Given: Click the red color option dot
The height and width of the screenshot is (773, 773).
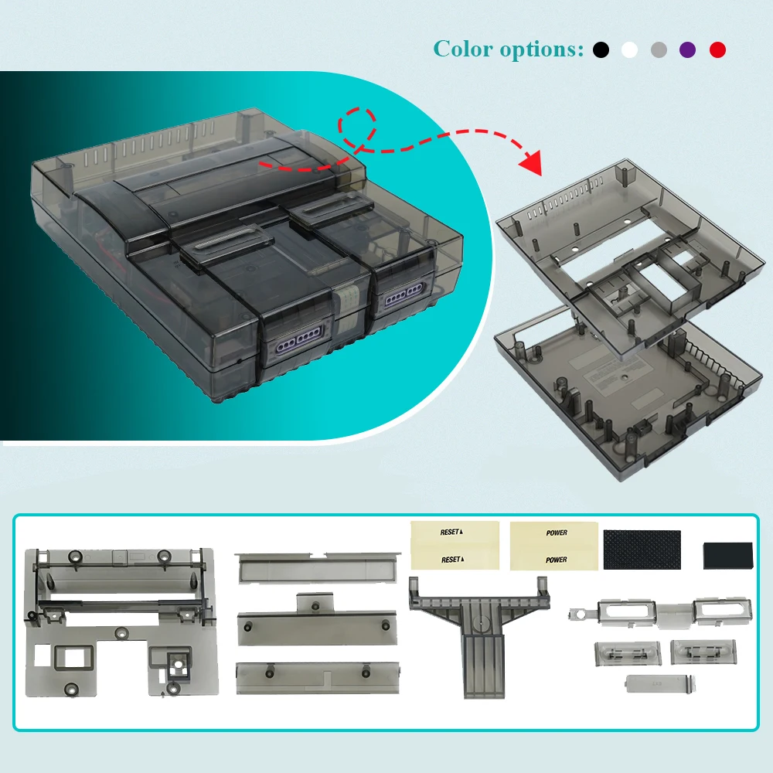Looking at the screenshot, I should [718, 50].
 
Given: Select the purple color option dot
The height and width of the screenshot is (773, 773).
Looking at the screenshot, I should [687, 50].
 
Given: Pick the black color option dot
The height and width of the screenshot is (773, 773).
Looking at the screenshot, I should [601, 50].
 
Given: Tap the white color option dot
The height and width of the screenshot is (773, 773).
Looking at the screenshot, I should [630, 50].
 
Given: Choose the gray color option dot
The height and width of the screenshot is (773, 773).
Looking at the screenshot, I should [659, 50].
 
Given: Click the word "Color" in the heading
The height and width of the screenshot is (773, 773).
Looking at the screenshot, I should [462, 49].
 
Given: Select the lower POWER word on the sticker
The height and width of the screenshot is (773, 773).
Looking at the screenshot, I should [556, 560].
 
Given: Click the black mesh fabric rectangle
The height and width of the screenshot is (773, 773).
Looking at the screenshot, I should [642, 550].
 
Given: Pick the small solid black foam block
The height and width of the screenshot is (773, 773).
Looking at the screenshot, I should [728, 555].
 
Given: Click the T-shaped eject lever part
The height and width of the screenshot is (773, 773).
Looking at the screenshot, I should [479, 626].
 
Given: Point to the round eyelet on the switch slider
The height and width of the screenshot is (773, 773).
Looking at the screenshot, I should [575, 616].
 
